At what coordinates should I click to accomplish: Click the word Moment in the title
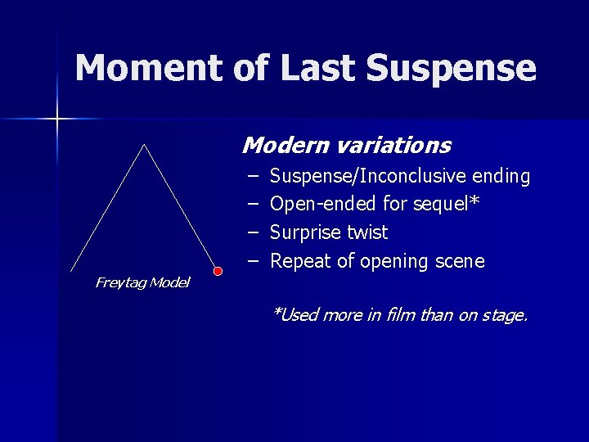pos(145,69)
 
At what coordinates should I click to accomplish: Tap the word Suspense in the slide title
pos(452,69)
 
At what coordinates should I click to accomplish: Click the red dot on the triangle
pos(218,271)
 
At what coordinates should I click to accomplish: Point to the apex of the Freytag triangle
pos(144,145)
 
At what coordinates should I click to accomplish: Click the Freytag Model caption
pos(142,283)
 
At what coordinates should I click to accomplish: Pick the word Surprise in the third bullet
pos(306,232)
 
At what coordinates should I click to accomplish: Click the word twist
pos(367,232)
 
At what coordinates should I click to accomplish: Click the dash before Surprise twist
pos(253,232)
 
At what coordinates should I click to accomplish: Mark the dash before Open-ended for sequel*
pos(253,204)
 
